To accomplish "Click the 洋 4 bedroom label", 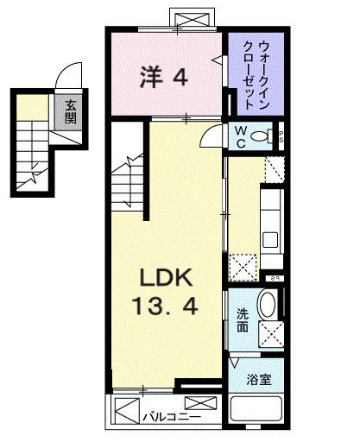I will (163, 78).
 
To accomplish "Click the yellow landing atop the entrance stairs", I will (31, 109).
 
